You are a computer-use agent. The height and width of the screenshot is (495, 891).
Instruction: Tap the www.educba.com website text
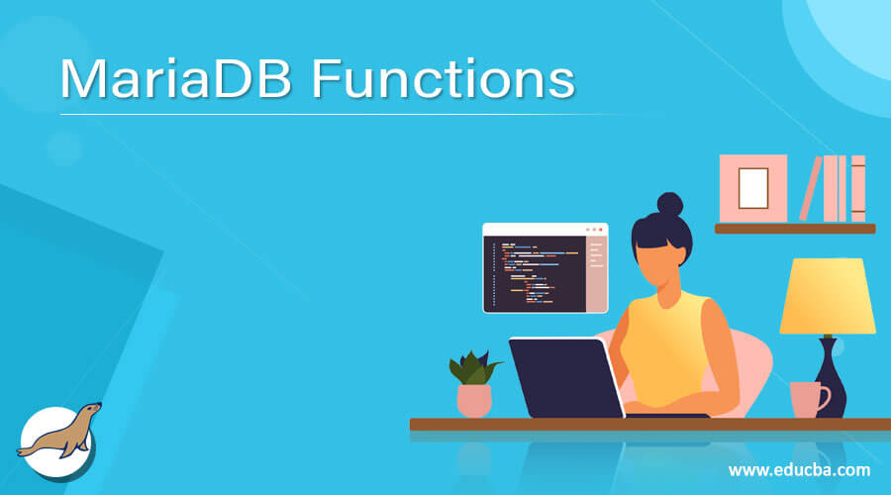pos(799,469)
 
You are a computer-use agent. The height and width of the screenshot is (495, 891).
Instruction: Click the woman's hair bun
pos(669,205)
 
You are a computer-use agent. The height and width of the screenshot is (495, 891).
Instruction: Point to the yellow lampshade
pos(828,296)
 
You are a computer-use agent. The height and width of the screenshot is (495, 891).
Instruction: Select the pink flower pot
pos(474,400)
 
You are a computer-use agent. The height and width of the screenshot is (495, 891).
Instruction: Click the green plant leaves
pos(473,367)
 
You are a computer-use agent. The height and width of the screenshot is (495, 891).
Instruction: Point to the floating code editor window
pos(544,267)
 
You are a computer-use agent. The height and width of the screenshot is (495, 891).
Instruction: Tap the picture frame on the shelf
pos(752,188)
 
